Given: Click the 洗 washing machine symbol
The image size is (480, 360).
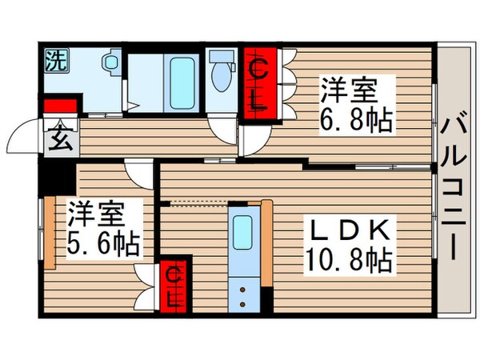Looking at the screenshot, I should (55, 59).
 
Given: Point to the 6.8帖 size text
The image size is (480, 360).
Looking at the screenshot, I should (358, 119).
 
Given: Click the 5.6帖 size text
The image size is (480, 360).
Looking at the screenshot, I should (103, 242).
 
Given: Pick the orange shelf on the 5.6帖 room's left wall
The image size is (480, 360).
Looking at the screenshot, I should (50, 233).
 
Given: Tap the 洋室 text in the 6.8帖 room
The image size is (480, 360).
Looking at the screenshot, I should (347, 87).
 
